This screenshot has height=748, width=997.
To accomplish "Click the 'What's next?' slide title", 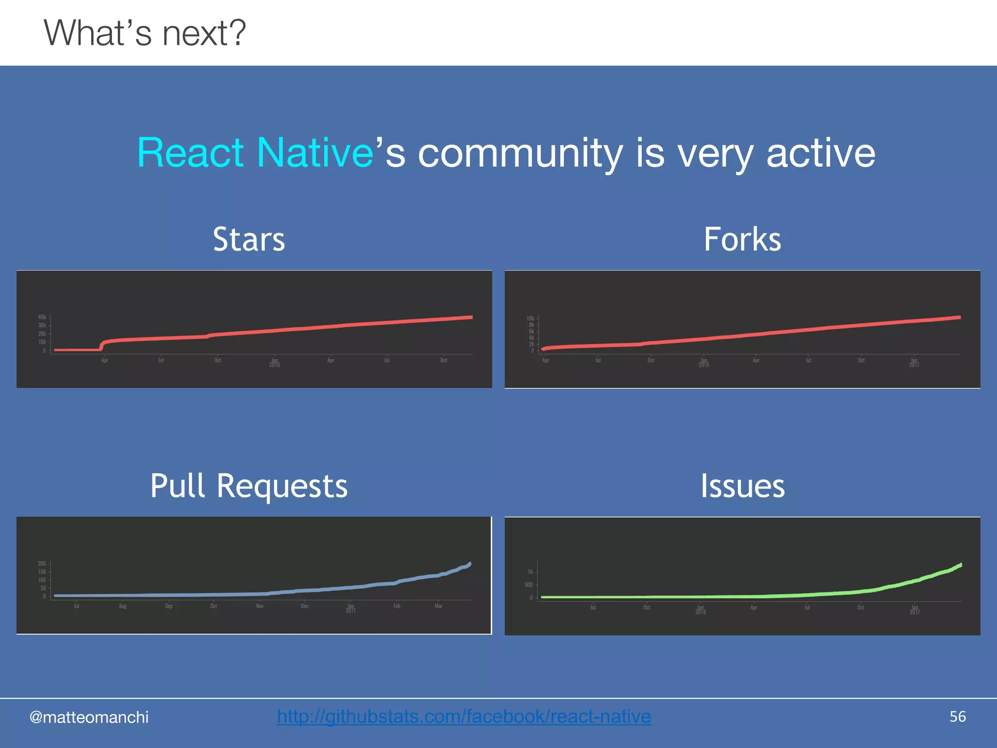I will [145, 33].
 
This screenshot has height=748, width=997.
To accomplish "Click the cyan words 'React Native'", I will [255, 153].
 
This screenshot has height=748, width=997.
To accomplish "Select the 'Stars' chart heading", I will [249, 239].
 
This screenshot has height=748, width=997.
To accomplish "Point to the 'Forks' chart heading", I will [742, 239].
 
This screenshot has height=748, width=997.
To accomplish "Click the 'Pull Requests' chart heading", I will [249, 486].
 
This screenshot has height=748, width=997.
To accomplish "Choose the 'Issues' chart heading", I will [742, 486].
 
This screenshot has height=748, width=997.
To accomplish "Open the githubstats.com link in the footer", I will [463, 716].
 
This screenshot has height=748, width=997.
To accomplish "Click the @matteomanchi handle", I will [89, 717].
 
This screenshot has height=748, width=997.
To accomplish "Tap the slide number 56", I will [958, 717].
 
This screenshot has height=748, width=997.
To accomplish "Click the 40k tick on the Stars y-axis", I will [42, 317].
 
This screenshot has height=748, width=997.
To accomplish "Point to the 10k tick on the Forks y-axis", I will [530, 318].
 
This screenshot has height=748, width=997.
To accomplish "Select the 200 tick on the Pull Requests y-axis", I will [42, 563].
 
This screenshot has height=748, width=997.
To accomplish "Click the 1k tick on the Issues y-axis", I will [530, 572].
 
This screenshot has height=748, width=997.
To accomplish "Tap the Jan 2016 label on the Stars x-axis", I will [275, 362].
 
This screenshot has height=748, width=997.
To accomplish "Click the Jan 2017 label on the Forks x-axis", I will [914, 362].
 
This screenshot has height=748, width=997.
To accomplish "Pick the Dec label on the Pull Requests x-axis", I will [304, 606].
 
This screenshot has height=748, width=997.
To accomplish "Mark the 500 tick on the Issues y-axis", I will [529, 585].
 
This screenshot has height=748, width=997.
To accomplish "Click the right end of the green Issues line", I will [960, 565].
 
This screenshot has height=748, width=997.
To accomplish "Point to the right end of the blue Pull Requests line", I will [470, 564].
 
